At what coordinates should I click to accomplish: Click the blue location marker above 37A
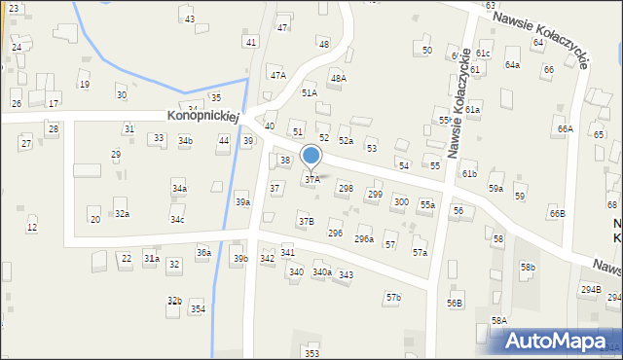pos(311,156)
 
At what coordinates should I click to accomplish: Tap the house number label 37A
pos(311,179)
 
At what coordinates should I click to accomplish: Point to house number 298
pos(345,188)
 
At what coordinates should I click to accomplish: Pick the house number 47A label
pos(278,75)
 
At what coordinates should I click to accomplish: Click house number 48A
pos(338,78)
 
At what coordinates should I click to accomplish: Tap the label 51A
pos(309,92)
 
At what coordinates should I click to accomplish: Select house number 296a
pos(363,238)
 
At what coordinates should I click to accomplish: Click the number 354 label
pos(198,308)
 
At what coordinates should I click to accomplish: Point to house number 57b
pos(392,297)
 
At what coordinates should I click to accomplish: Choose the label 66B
pos(557,213)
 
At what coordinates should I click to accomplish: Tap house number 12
pos(32,228)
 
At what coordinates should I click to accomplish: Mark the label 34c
pos(177,220)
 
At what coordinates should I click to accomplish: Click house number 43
pos(189,19)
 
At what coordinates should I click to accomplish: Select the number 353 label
pos(311,353)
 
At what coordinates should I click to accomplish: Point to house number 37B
pos(306,222)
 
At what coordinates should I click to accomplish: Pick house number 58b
pos(528,267)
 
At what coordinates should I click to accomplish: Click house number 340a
pos(321,272)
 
